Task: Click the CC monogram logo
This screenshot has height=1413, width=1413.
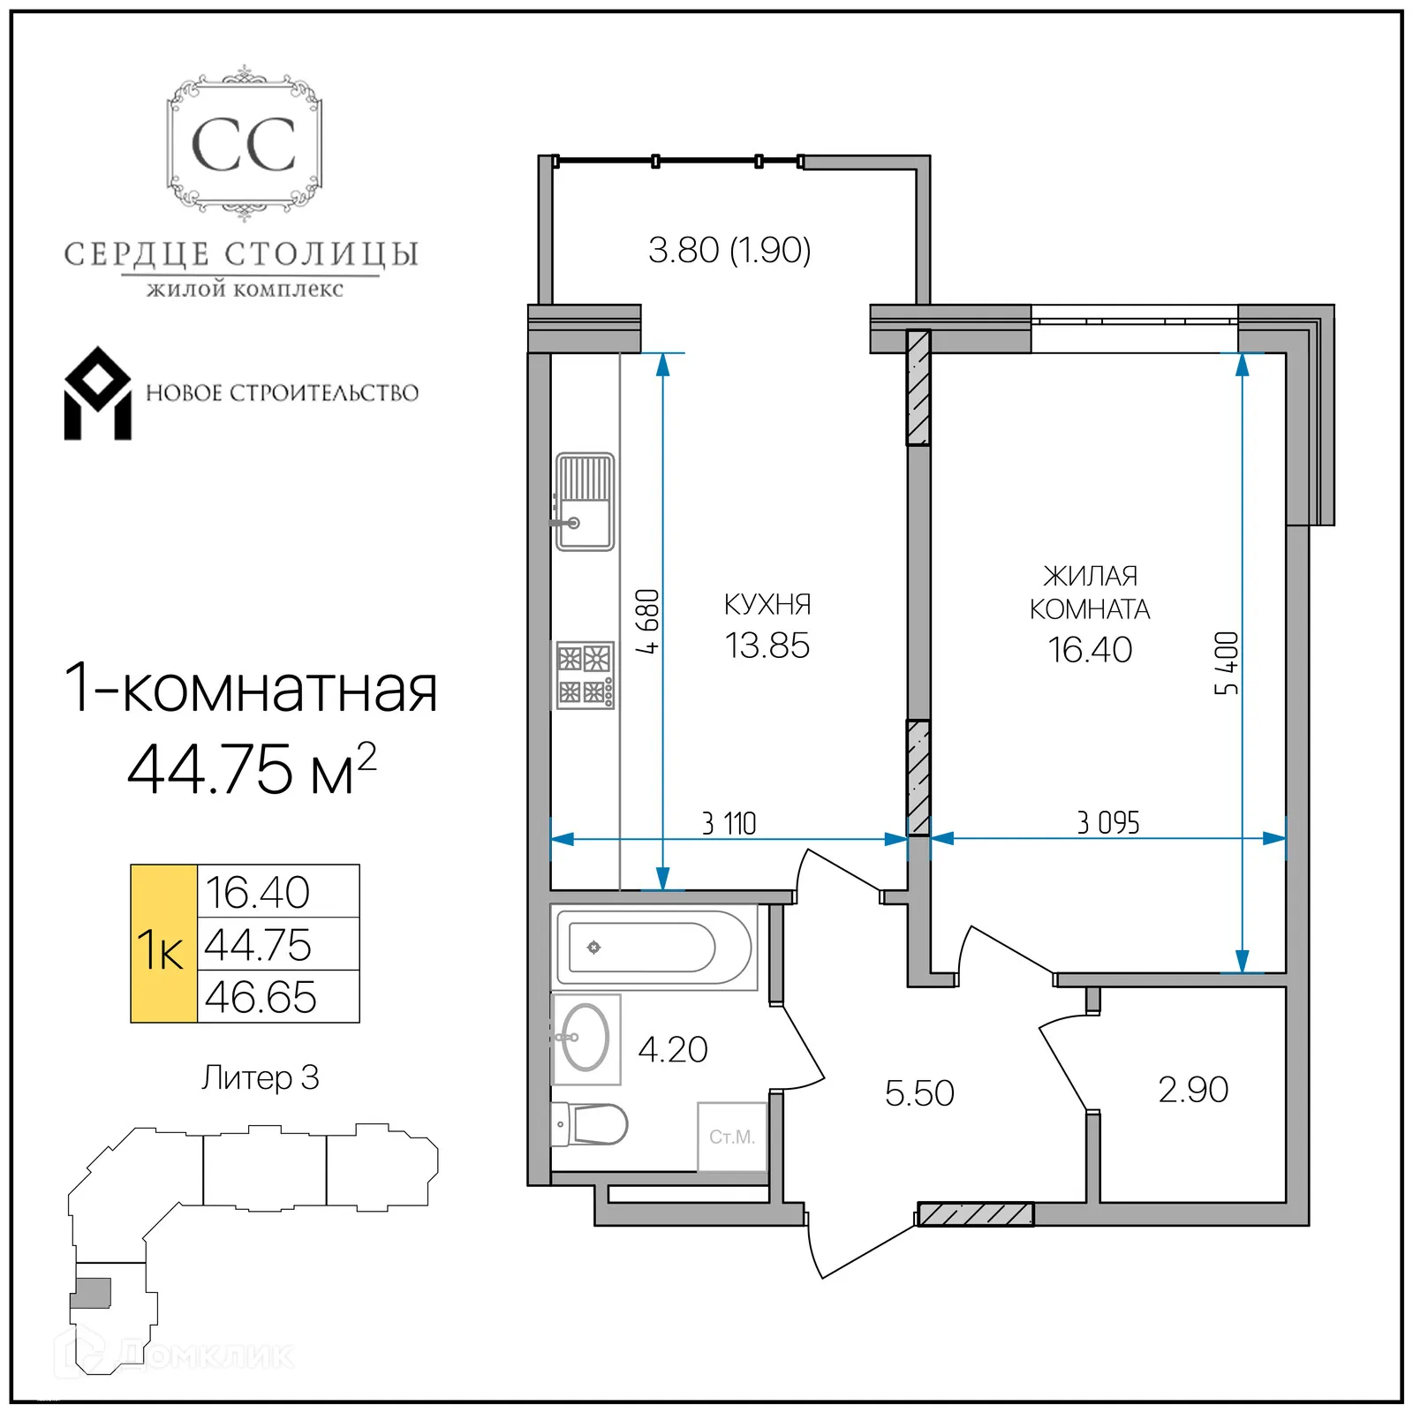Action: click(x=244, y=145)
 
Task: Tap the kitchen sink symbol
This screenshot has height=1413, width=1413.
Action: click(x=585, y=502)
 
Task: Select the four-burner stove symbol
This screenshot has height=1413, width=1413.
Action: click(x=585, y=676)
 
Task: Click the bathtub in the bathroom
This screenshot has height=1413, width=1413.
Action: click(x=654, y=947)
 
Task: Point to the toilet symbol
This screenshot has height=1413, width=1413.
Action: click(x=590, y=1124)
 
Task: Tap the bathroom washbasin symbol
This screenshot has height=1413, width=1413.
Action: click(x=585, y=1038)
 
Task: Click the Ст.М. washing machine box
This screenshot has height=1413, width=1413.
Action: click(x=732, y=1137)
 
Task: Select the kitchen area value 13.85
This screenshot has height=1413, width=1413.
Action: click(x=767, y=646)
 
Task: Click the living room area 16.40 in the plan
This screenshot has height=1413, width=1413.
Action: click(x=1090, y=650)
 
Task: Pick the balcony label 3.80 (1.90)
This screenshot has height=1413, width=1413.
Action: click(x=729, y=250)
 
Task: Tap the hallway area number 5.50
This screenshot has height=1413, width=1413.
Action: click(x=919, y=1093)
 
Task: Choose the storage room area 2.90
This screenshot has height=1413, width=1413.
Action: click(x=1193, y=1090)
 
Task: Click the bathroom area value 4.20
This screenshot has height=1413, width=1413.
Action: click(x=673, y=1050)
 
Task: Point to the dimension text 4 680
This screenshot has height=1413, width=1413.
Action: click(x=648, y=621)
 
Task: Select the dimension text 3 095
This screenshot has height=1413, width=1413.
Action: click(x=1107, y=823)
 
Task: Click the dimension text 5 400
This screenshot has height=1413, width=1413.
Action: click(x=1227, y=663)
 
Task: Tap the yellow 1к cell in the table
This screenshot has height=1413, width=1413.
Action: click(x=163, y=944)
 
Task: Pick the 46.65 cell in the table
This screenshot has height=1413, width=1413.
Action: click(x=261, y=998)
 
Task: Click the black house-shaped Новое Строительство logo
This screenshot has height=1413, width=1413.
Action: click(x=97, y=394)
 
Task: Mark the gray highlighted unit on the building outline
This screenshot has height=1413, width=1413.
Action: click(x=92, y=1292)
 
